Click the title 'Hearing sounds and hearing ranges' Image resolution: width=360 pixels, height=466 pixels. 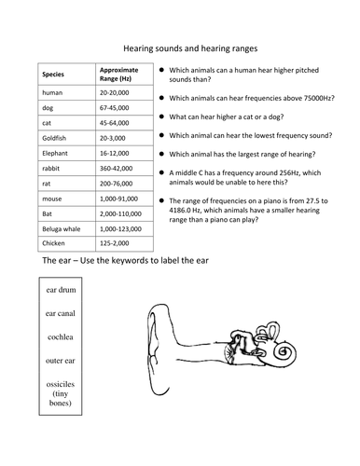[189, 44]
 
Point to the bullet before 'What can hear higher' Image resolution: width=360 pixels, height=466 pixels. [163, 117]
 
